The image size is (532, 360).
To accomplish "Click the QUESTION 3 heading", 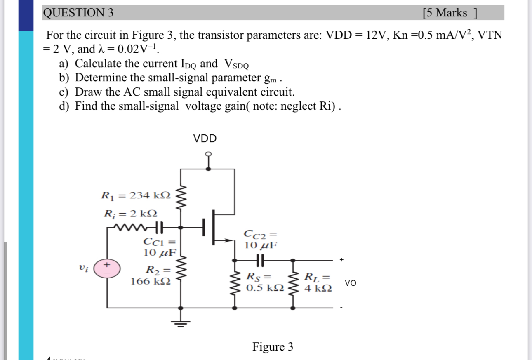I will point(78,13).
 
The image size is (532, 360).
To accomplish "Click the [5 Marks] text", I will point(450,13).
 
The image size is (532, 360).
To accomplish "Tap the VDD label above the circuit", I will point(205,139).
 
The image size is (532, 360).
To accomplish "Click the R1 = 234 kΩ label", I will point(136,195).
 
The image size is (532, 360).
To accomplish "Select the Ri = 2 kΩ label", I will point(130,214).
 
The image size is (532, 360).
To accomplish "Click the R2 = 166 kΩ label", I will point(151,276).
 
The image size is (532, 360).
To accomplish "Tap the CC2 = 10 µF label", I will point(260,240).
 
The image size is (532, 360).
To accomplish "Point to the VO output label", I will point(351,283).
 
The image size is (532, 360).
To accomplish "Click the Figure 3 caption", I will point(273,347).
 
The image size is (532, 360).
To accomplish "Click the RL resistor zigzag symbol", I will point(293,284).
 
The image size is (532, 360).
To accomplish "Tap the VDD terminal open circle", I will point(209,154).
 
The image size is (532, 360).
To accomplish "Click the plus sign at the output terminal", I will point(341,260).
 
